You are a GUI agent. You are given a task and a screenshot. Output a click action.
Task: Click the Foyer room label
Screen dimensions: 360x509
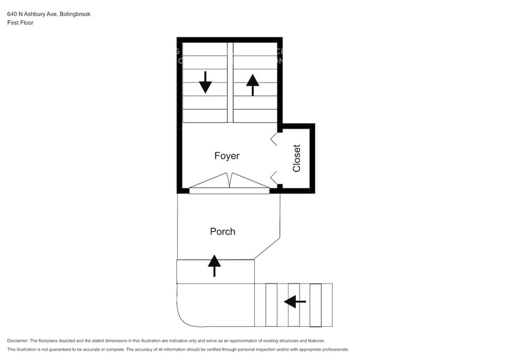pos(227,156)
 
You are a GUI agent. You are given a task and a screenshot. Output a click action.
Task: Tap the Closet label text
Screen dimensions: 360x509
pos(297,158)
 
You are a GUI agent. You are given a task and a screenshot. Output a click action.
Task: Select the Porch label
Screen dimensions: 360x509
pos(222,231)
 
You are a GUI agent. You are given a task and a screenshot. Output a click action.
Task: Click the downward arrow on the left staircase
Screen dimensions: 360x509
pos(205,82)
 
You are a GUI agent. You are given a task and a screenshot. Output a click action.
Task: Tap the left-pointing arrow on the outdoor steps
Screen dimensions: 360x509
pos(295,301)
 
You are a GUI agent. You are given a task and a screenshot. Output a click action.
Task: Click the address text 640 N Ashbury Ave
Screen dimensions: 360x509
pos(31,13)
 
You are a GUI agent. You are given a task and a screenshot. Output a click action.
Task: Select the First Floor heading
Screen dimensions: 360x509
pos(20,23)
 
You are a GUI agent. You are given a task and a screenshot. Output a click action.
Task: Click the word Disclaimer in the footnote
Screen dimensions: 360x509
pos(18,340)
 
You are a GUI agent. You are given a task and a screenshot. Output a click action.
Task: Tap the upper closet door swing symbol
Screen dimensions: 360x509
pos(274,140)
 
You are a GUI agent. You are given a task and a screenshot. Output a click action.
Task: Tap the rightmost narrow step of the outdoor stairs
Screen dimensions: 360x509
pos(315,305)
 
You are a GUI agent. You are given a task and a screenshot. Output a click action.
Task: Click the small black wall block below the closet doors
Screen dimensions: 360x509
pos(279,187)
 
